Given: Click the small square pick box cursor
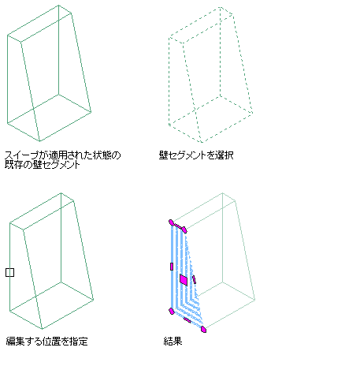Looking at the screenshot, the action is point(9,272).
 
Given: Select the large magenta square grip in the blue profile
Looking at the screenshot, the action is point(184,280).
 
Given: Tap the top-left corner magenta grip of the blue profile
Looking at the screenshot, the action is point(171,222).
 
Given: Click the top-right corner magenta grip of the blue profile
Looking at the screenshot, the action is point(184,230).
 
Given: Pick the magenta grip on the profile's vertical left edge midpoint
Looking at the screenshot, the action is point(172,267).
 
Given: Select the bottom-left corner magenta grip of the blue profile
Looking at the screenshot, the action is point(172,312).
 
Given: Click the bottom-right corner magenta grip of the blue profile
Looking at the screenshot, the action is point(203,329).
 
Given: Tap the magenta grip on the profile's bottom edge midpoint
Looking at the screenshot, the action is point(187,320).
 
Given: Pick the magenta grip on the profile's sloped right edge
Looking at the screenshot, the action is point(194,279).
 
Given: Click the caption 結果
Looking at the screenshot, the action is point(173,342).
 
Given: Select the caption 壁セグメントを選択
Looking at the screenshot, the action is point(196,155).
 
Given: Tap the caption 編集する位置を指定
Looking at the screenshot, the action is point(46,342).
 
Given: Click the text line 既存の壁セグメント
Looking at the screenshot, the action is point(42,165).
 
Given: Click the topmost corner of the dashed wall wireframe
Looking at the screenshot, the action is point(220,7).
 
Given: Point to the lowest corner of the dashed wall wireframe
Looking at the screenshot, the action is point(202,143).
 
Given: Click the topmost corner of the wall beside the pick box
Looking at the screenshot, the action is point(61,193).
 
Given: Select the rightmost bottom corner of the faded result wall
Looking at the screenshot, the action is point(254,300).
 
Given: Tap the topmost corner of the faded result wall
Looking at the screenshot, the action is point(223,193).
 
